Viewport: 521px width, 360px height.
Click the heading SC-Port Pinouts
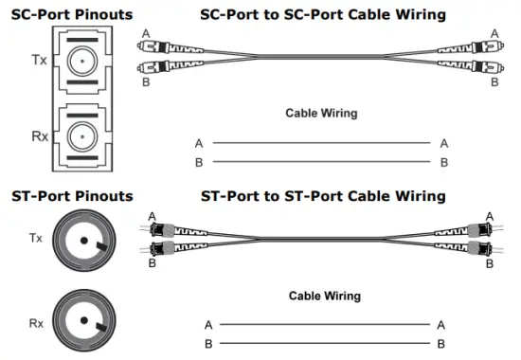coord(71,15)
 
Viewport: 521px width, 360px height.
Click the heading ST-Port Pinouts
coord(72,196)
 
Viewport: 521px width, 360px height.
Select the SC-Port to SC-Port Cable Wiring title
coord(323,15)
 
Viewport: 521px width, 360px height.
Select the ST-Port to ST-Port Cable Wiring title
coord(323,196)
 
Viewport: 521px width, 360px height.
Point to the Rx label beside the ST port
coord(36,323)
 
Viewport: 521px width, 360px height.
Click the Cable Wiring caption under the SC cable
coord(321,113)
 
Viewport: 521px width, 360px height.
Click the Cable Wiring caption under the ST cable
coord(324,296)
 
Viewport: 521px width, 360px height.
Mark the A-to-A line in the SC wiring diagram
coord(321,143)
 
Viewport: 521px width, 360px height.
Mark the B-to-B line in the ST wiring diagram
coord(321,343)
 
